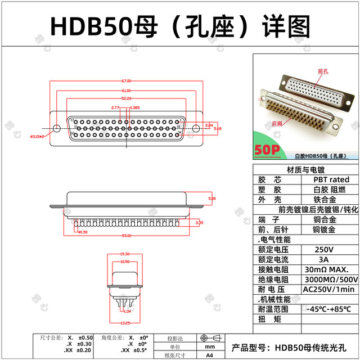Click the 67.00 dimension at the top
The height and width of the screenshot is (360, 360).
pyautogui.click(x=126, y=80)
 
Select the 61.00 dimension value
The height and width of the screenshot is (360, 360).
pyautogui.click(x=126, y=91)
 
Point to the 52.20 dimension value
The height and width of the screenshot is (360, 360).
pyautogui.click(x=126, y=98)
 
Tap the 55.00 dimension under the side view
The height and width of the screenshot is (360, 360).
pyautogui.click(x=126, y=235)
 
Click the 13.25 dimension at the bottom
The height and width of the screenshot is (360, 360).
pyautogui.click(x=125, y=323)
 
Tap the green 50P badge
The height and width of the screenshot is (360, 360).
pyautogui.click(x=267, y=150)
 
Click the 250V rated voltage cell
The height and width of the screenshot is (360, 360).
pyautogui.click(x=325, y=249)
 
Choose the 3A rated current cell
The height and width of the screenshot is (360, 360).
pyautogui.click(x=325, y=259)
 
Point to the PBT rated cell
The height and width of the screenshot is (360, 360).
pyautogui.click(x=331, y=179)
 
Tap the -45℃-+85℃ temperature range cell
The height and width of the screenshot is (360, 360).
pyautogui.click(x=329, y=309)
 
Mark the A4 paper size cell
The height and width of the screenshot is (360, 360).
pyautogui.click(x=209, y=355)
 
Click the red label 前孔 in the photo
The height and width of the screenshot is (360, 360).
pyautogui.click(x=323, y=71)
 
